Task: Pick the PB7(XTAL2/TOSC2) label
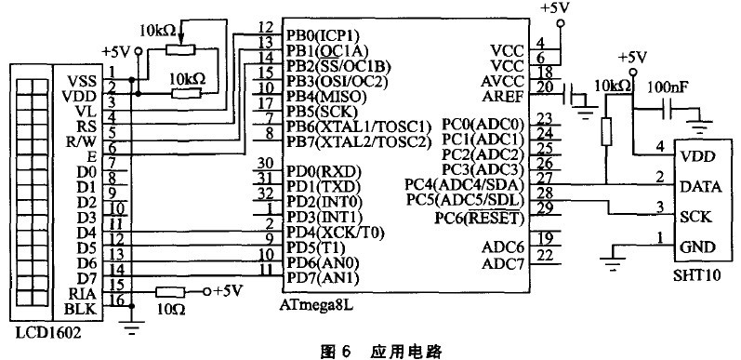(359, 142)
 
